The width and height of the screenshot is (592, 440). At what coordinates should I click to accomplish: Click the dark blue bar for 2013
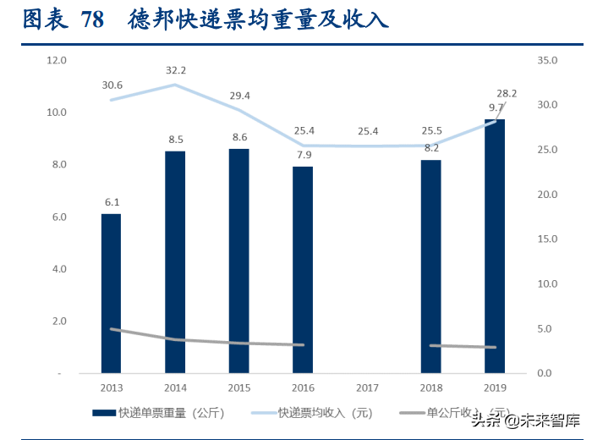pos(111,293)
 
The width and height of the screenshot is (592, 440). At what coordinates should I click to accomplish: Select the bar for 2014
pos(175,261)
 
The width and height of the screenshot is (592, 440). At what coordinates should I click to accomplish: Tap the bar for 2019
pos(495,245)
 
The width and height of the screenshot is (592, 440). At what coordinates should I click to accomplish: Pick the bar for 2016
pos(303,269)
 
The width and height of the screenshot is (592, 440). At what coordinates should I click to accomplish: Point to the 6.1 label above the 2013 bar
pos(111,202)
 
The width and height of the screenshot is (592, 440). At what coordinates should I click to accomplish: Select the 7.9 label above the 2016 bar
pos(303,155)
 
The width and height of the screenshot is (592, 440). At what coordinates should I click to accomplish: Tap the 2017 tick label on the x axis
pos(367,387)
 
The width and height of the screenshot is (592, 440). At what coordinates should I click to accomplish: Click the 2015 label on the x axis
pos(239,387)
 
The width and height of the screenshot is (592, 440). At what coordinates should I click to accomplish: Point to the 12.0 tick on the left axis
pos(57,60)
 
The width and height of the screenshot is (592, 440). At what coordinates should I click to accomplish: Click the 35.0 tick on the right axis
pos(547,60)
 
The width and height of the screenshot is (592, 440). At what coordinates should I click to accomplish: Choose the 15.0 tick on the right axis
pos(547,239)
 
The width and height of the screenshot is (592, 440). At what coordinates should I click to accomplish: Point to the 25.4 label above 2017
pos(368,131)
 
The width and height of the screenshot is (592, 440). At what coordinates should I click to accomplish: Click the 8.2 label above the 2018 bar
pos(431,147)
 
